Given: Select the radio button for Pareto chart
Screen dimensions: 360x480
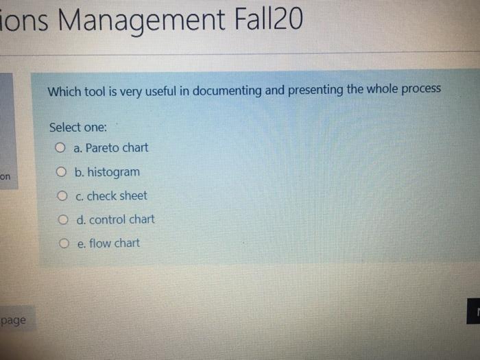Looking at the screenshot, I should coord(61,147).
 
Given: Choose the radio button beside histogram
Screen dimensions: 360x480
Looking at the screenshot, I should coord(62,171).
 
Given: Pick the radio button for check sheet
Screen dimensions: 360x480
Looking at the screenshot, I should coord(62,196).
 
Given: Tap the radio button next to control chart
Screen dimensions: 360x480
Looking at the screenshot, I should coord(63,220).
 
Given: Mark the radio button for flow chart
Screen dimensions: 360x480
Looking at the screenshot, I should coord(64,243).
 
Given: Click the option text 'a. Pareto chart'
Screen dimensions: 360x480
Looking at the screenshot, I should coord(110,147).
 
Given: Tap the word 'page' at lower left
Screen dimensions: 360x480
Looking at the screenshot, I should coord(13,320).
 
